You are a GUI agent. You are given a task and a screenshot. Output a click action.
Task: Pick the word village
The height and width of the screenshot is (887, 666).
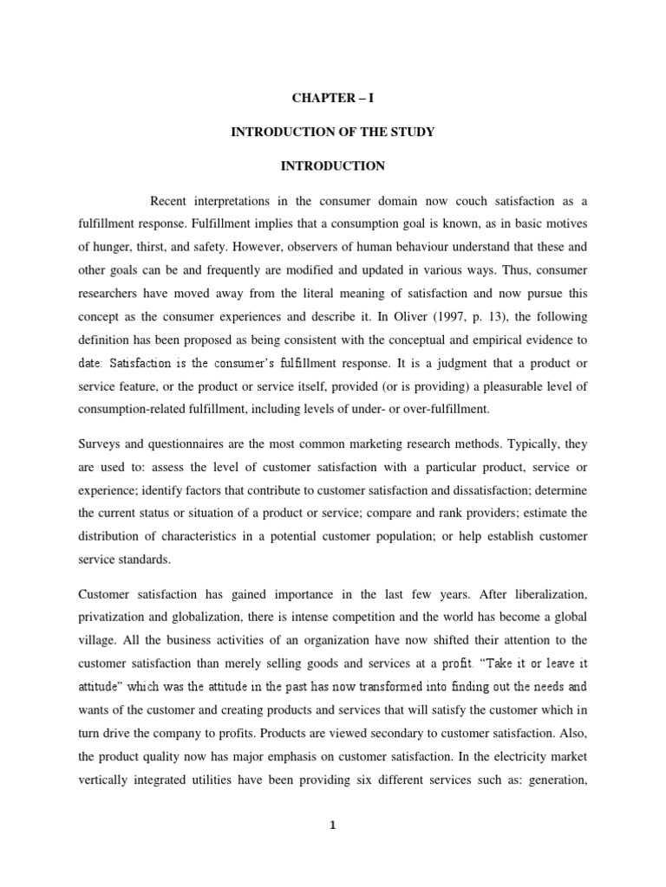coord(96,639)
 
